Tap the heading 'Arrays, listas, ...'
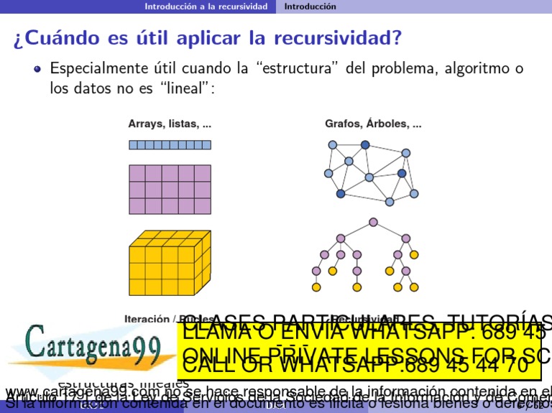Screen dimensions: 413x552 (x=170, y=124)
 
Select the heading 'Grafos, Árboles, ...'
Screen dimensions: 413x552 (x=373, y=124)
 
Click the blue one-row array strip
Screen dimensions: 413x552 (x=170, y=144)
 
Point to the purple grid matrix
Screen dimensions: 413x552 (x=170, y=190)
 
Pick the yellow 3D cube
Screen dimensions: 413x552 (x=169, y=263)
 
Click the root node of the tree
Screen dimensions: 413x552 (x=373, y=222)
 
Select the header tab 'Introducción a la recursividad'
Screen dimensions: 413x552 (x=206, y=6)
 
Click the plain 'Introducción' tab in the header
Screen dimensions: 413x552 (x=310, y=6)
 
